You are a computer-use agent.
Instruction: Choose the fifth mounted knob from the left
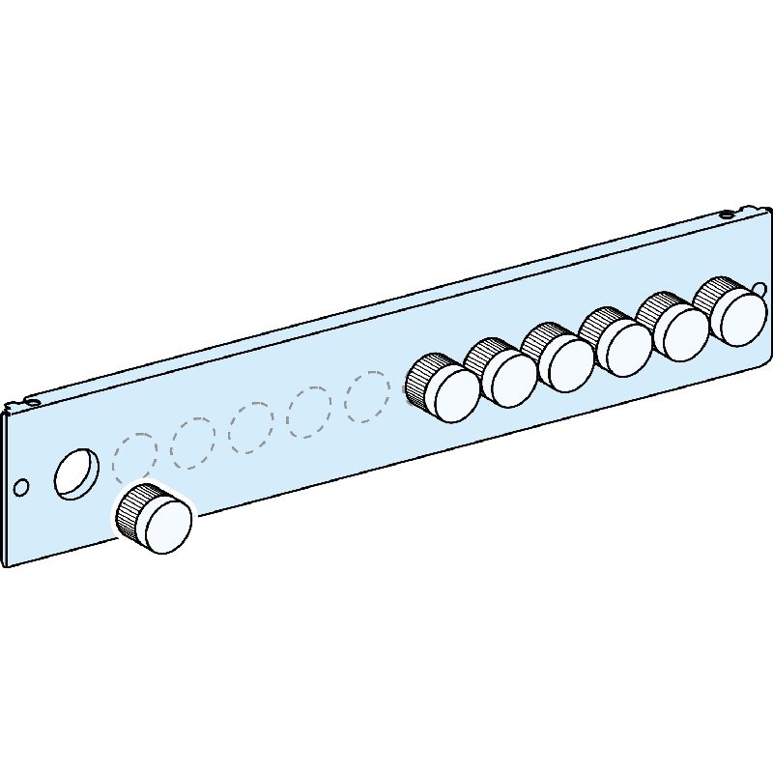(680, 331)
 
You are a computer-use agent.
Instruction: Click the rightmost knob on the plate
(739, 316)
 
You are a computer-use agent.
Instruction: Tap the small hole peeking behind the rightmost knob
(760, 289)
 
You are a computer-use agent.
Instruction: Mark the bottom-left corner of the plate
(8, 565)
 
